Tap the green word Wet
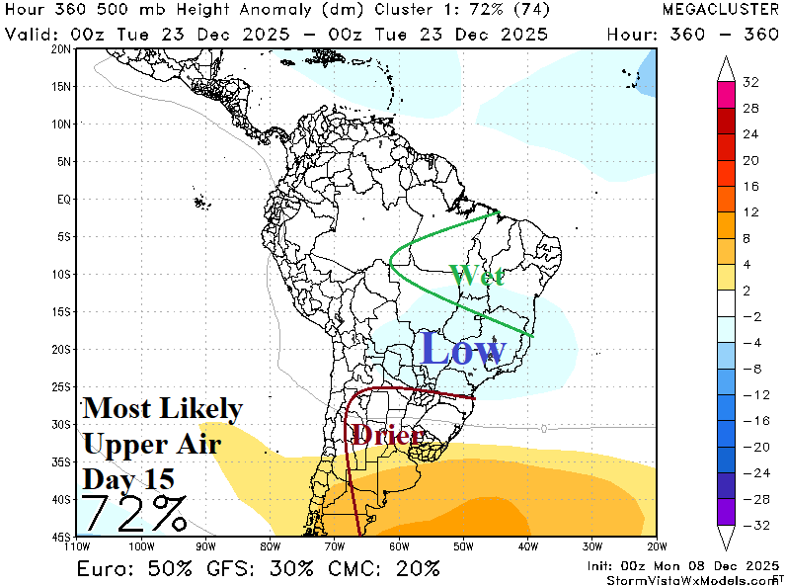(x=477, y=275)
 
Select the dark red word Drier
(x=387, y=434)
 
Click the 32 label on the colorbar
(x=750, y=82)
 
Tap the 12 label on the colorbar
(x=750, y=211)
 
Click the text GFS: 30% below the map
(x=267, y=568)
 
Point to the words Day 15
(x=129, y=479)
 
